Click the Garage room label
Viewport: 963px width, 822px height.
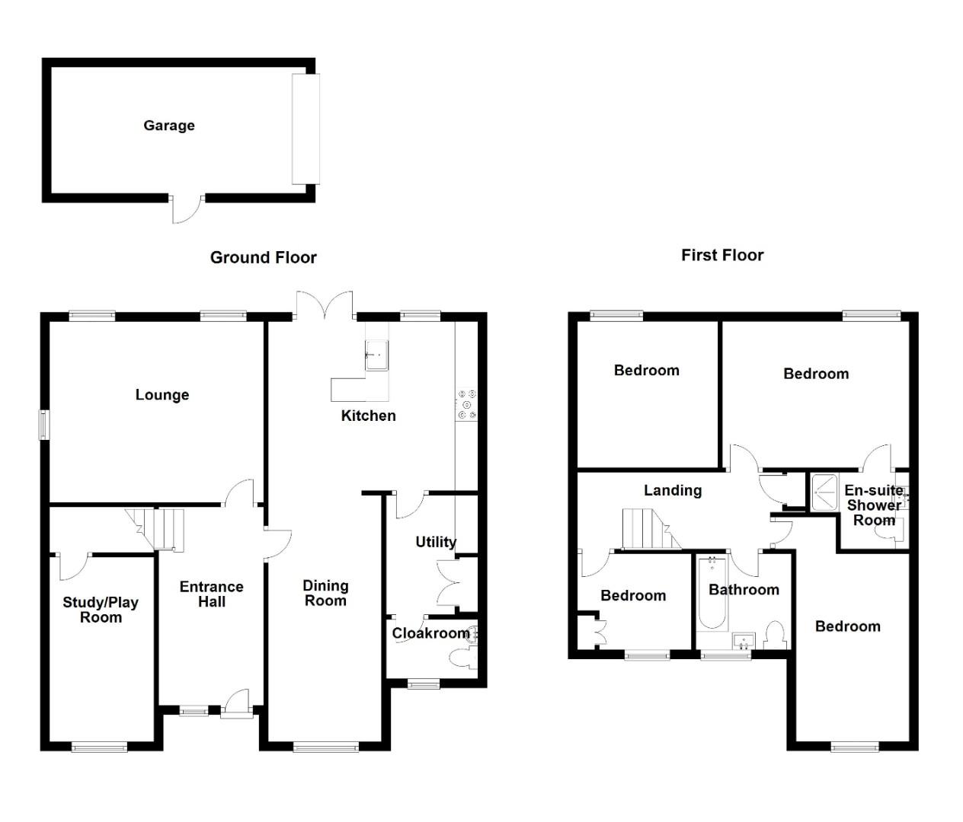169,126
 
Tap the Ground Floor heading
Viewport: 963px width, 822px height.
263,257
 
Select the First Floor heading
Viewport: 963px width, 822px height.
722,255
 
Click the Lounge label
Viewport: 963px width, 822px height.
162,394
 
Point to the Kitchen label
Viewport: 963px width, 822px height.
368,416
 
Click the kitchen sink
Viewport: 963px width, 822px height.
376,354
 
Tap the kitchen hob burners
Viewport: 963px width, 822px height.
467,404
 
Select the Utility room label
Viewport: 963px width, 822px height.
436,542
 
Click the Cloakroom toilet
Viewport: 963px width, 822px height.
460,658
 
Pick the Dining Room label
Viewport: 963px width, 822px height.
325,593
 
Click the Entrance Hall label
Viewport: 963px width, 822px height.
211,594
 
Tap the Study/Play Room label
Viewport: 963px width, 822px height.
101,610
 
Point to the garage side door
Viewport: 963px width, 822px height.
187,209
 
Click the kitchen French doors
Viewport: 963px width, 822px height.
325,304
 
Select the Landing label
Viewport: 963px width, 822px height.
673,490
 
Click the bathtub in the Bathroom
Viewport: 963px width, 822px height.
712,594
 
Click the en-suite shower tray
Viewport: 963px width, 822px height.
823,495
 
